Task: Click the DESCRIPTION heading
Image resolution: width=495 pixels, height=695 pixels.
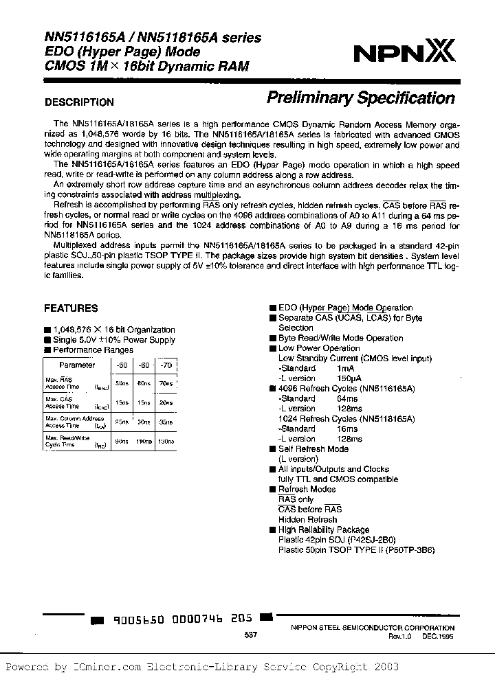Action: pos(79,102)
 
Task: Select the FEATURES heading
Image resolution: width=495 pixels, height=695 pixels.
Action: pos(71,308)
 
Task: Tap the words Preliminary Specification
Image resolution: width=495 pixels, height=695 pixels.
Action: pos(360,98)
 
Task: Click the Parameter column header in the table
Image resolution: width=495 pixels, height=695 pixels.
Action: pos(77,365)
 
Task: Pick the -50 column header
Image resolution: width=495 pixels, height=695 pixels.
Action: pos(121,365)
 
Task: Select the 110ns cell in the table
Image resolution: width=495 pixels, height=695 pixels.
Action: pos(144,441)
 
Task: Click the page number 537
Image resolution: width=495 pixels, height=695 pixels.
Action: pos(250,636)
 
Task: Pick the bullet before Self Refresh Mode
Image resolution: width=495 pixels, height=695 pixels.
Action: pos(272,448)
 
